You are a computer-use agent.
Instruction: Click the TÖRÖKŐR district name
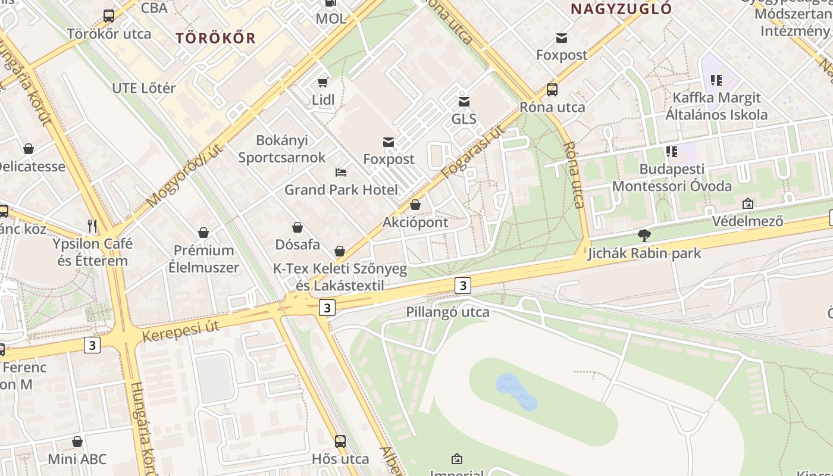[215, 38]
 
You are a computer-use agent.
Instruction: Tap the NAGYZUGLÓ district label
[621, 9]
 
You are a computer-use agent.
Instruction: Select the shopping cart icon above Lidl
[323, 82]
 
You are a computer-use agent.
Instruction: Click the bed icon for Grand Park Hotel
[341, 173]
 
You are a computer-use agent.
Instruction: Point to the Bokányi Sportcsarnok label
[282, 149]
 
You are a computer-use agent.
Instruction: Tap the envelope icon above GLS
[464, 102]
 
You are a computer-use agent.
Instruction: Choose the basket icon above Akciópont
[415, 205]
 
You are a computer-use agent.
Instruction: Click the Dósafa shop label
[297, 245]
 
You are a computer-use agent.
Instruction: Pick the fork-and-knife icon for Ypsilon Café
[92, 226]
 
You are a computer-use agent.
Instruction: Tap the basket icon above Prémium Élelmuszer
[203, 233]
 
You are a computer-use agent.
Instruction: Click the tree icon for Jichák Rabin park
[644, 236]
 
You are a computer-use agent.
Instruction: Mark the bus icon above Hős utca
[340, 441]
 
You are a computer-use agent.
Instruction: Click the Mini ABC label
[77, 459]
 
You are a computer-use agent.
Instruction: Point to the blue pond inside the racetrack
[515, 393]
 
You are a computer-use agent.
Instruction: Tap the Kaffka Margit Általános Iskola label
[716, 106]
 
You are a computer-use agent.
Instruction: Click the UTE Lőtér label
[144, 88]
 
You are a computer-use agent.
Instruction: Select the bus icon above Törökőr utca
[109, 16]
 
